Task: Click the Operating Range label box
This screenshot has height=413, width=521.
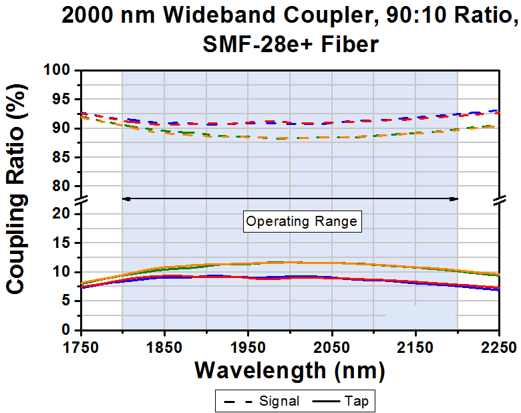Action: coord(302,221)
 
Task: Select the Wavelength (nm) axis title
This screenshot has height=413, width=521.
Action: coord(289,370)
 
